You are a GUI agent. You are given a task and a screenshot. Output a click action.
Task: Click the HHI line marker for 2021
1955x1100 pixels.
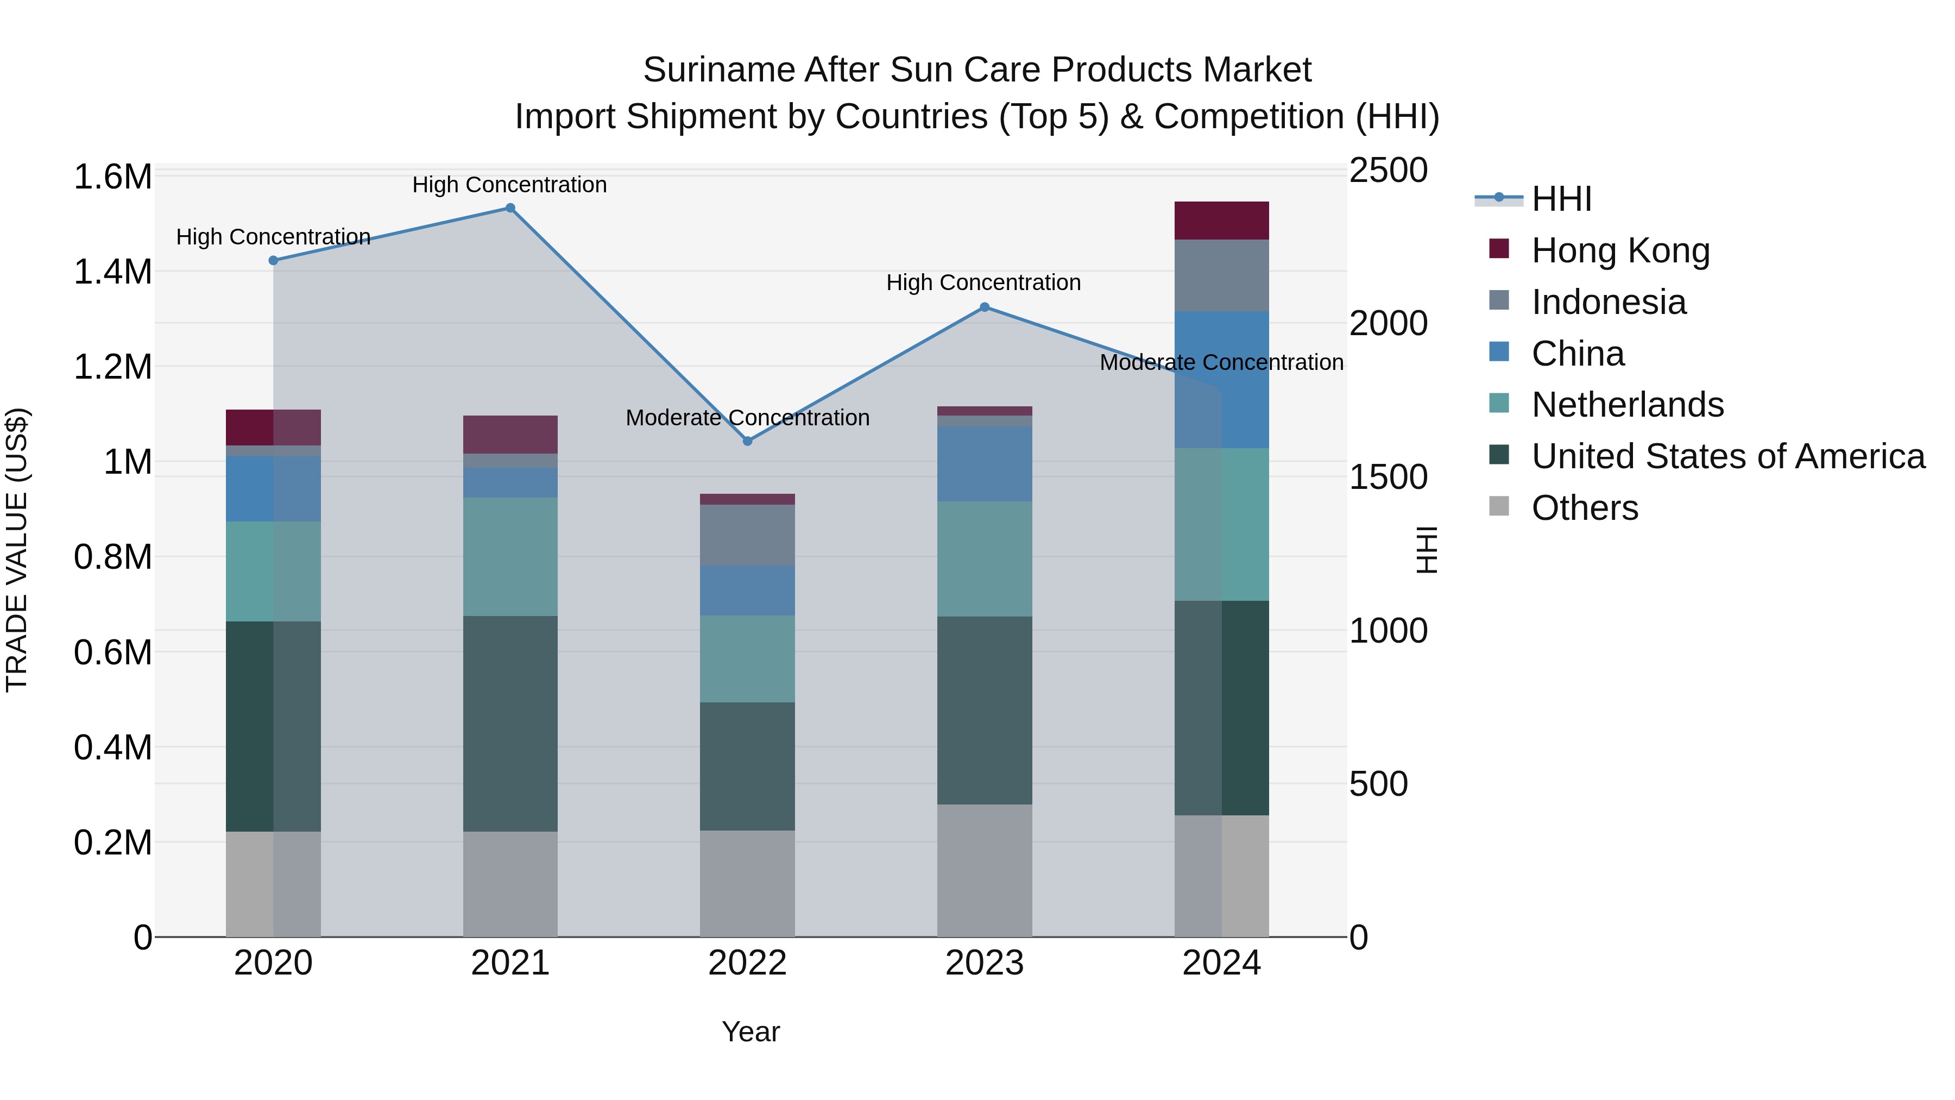pyautogui.click(x=510, y=208)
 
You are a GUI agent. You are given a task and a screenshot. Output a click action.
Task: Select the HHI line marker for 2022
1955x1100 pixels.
pyautogui.click(x=748, y=441)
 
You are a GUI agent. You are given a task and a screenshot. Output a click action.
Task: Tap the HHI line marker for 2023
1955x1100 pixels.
pyautogui.click(x=985, y=307)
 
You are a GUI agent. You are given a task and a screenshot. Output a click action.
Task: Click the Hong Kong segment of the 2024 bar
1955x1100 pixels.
pyautogui.click(x=1221, y=221)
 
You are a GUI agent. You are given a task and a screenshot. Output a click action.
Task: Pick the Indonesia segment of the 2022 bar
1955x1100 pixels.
pyautogui.click(x=748, y=535)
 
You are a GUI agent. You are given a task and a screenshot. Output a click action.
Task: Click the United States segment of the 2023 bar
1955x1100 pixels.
pyautogui.click(x=985, y=710)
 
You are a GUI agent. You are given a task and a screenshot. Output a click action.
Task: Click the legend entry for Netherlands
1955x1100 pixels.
pyautogui.click(x=1627, y=405)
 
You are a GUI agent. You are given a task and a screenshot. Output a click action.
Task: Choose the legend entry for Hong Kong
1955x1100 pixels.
pyautogui.click(x=1620, y=250)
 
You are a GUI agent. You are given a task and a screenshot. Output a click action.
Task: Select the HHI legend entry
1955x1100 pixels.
pyautogui.click(x=1561, y=199)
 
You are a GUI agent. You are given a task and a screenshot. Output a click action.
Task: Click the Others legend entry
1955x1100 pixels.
pyautogui.click(x=1585, y=508)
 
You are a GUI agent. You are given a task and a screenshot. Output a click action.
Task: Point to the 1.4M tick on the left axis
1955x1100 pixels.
pyautogui.click(x=112, y=272)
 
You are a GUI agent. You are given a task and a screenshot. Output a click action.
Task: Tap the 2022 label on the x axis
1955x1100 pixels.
pyautogui.click(x=748, y=963)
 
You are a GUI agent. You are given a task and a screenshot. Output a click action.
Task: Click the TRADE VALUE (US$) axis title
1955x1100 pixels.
pyautogui.click(x=17, y=550)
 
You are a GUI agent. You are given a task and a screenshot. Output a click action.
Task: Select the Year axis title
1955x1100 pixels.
pyautogui.click(x=751, y=1032)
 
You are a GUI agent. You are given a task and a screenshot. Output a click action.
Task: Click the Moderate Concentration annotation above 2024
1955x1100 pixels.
pyautogui.click(x=1221, y=363)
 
